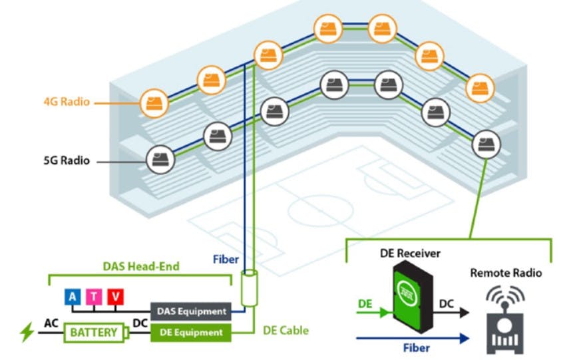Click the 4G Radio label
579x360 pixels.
[x=67, y=102]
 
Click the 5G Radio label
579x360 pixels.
[x=67, y=160]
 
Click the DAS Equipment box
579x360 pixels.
[x=190, y=311]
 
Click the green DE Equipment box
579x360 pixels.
[x=190, y=331]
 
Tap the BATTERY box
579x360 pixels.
[x=93, y=331]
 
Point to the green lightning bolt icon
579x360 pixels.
[x=27, y=331]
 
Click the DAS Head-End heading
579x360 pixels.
[x=140, y=266]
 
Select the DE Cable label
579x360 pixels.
[x=286, y=330]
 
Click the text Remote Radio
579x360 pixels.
[x=506, y=273]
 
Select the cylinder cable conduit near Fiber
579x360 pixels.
[x=249, y=287]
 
